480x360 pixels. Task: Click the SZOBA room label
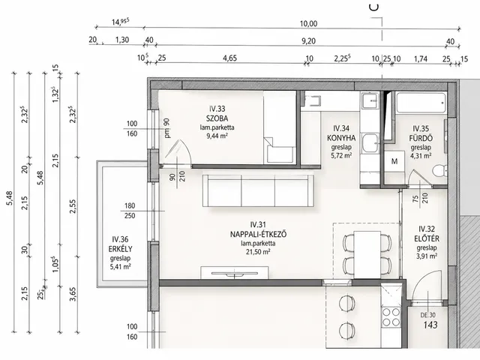pos(217,118)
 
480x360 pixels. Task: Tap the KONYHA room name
pos(341,138)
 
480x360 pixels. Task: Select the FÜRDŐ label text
pos(421,138)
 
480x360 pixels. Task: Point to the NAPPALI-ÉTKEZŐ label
pos(258,234)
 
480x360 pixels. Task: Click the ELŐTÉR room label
pos(427,238)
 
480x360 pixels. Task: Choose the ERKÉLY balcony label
pos(120,249)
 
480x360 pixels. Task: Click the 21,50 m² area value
pos(258,252)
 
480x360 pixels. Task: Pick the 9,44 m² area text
pos(217,136)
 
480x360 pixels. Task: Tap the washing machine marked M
pos(394,161)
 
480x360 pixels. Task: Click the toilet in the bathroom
pos(440,171)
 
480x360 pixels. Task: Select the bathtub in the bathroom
pos(421,103)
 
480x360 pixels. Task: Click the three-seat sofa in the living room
pos(258,190)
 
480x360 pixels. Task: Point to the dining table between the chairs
pos(367,255)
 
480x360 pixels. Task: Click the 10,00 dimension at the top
pos(308,23)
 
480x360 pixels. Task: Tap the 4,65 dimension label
pos(229,58)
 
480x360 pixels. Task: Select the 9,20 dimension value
pos(308,41)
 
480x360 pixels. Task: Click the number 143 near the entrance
pos(430,325)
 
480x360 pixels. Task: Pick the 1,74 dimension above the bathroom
pos(420,58)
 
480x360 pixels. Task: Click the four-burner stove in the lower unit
pos(391,317)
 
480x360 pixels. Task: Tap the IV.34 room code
pos(341,128)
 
